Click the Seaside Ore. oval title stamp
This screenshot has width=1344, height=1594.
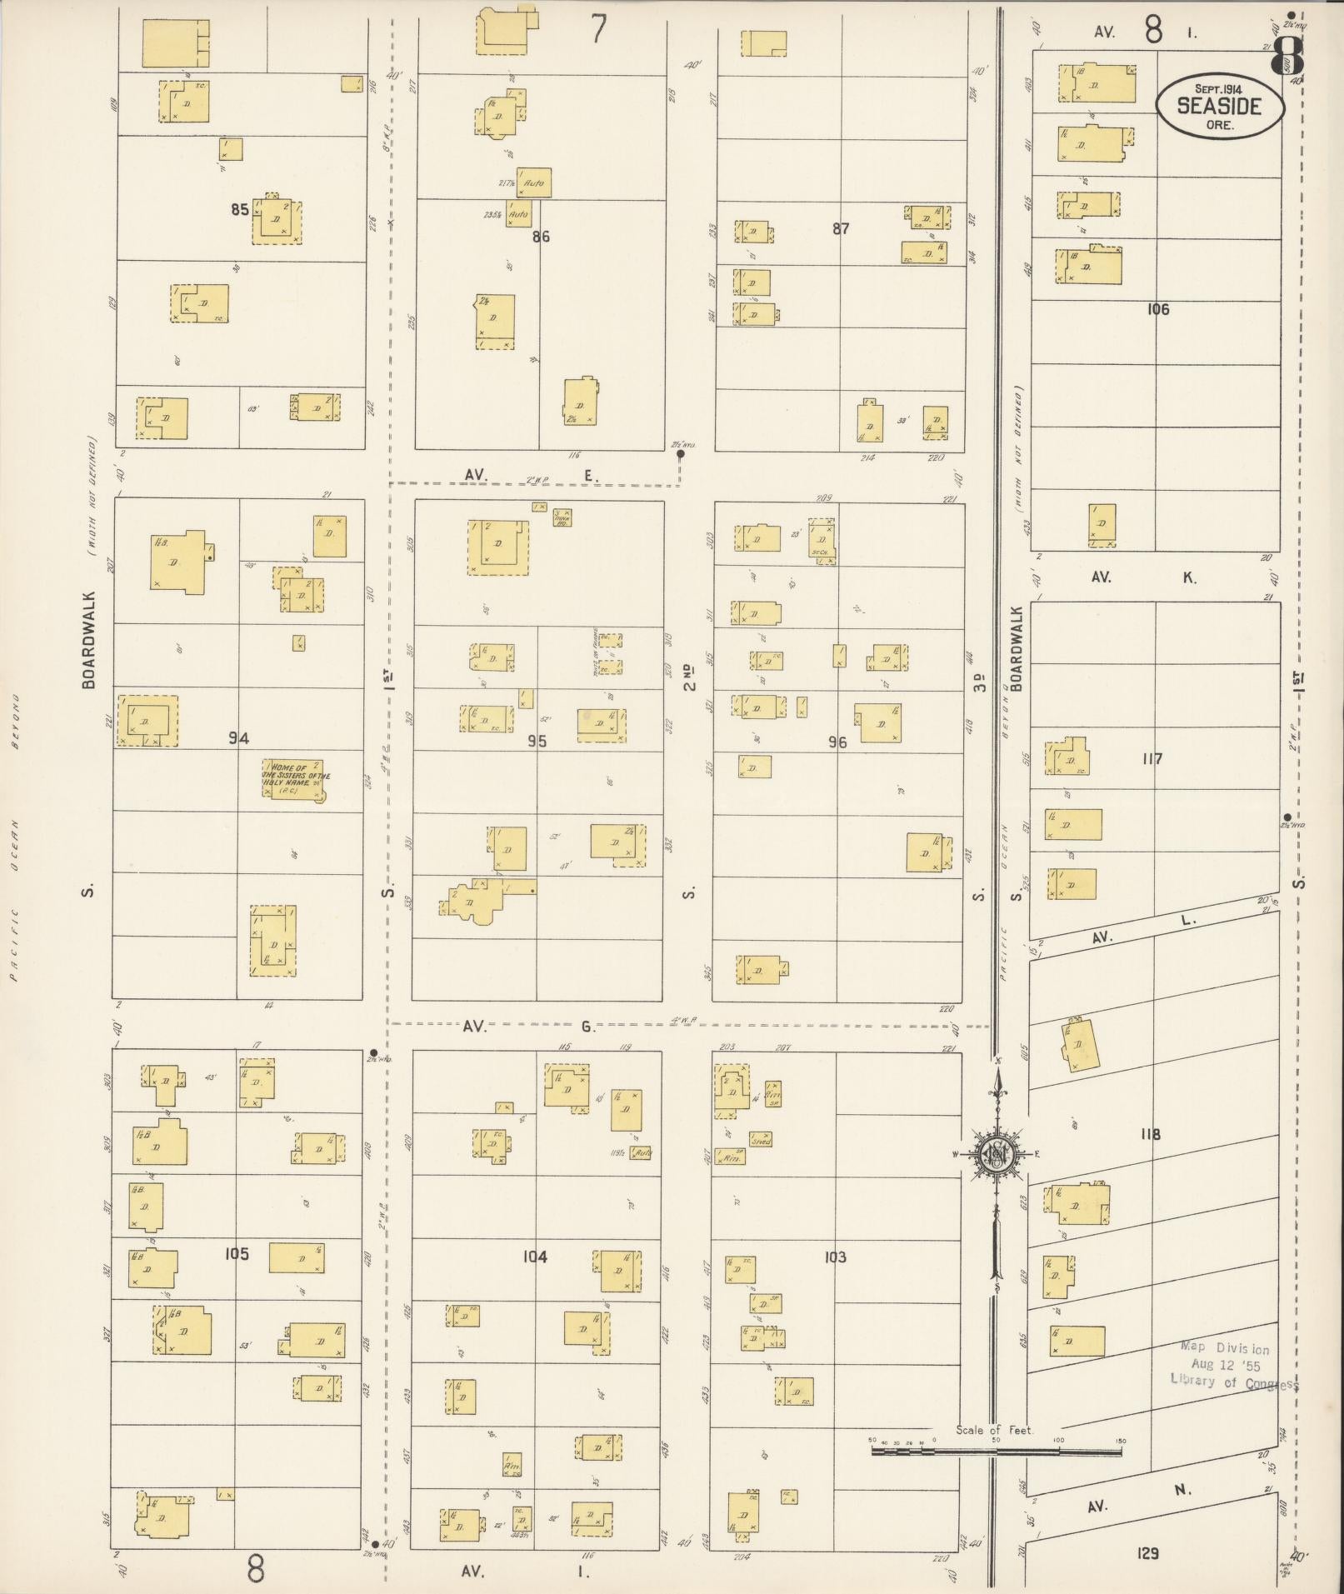pos(1218,105)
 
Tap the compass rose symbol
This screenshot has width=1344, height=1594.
pos(997,1153)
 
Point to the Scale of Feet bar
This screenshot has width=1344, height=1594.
pos(996,1451)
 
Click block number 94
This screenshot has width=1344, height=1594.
pos(239,737)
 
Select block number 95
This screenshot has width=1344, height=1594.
pos(537,740)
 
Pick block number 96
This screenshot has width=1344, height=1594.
pos(837,742)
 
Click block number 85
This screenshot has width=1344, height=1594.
pos(240,209)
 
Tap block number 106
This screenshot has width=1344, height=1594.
pos(1157,309)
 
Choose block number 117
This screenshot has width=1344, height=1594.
pos(1152,759)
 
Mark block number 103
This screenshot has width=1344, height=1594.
pos(835,1257)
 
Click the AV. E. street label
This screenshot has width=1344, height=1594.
pos(532,475)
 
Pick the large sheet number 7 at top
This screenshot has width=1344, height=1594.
pos(598,29)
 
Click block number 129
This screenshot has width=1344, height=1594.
pos(1148,1553)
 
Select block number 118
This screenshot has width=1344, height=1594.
pos(1151,1134)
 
